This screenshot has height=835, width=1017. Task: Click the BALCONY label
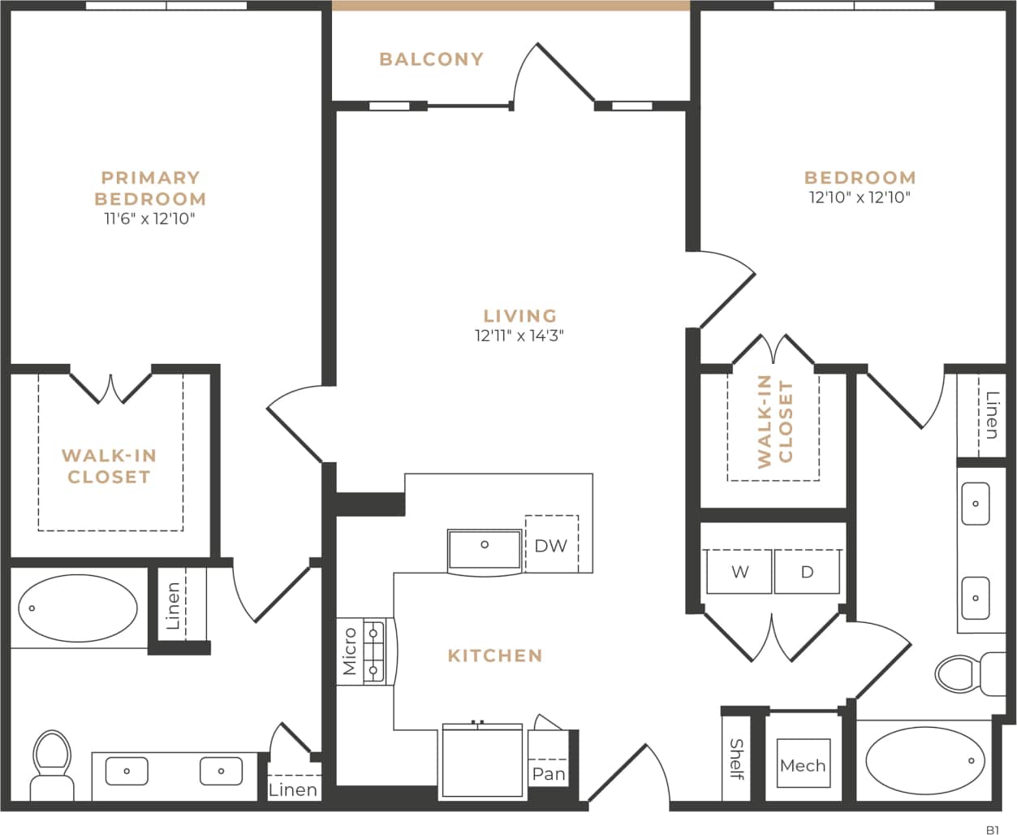(431, 59)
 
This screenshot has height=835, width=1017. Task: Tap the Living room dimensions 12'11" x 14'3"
(519, 336)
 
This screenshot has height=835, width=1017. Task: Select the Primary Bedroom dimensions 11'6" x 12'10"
(150, 218)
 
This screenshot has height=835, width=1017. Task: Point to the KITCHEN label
(495, 655)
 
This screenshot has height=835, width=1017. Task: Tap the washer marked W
(739, 572)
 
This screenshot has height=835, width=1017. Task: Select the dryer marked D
(807, 572)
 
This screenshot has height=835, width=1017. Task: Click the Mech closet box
(803, 764)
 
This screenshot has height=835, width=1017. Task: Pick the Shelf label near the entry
(736, 759)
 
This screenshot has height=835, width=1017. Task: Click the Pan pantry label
(549, 774)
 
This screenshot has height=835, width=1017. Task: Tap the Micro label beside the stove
(350, 651)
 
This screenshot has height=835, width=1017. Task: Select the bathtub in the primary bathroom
(78, 608)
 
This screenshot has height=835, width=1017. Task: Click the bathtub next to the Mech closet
(924, 761)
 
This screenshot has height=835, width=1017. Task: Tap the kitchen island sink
(485, 550)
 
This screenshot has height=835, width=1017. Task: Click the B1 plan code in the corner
(992, 829)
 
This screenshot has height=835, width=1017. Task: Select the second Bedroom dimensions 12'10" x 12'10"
(860, 197)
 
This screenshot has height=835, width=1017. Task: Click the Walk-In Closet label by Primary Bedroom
(109, 466)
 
